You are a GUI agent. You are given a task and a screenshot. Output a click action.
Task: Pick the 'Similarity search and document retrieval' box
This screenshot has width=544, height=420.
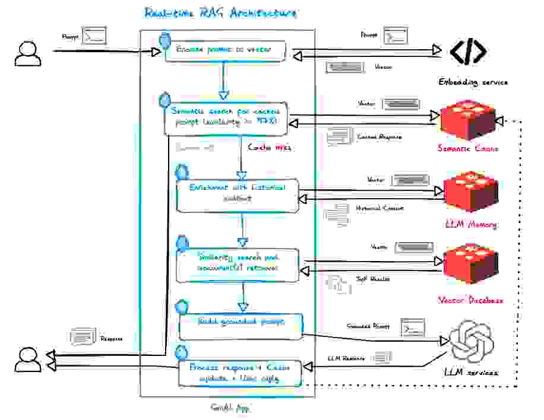(x=241, y=262)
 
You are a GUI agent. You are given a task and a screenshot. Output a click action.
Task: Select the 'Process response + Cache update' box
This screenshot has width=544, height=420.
(x=241, y=371)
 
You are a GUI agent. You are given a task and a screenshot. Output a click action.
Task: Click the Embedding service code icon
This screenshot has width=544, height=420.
(x=467, y=52)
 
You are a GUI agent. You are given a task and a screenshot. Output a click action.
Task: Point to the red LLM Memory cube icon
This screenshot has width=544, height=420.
(x=471, y=193)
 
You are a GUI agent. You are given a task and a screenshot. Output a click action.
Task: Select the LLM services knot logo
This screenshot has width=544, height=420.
(x=473, y=342)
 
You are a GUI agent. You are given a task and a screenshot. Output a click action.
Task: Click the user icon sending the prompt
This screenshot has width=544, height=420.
(x=28, y=53)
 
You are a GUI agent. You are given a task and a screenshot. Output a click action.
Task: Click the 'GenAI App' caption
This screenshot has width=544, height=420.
(x=230, y=408)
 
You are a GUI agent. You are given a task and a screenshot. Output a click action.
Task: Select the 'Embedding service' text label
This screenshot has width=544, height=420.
(x=473, y=82)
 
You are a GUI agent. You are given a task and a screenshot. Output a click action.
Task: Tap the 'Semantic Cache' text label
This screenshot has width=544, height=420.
(x=468, y=148)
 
